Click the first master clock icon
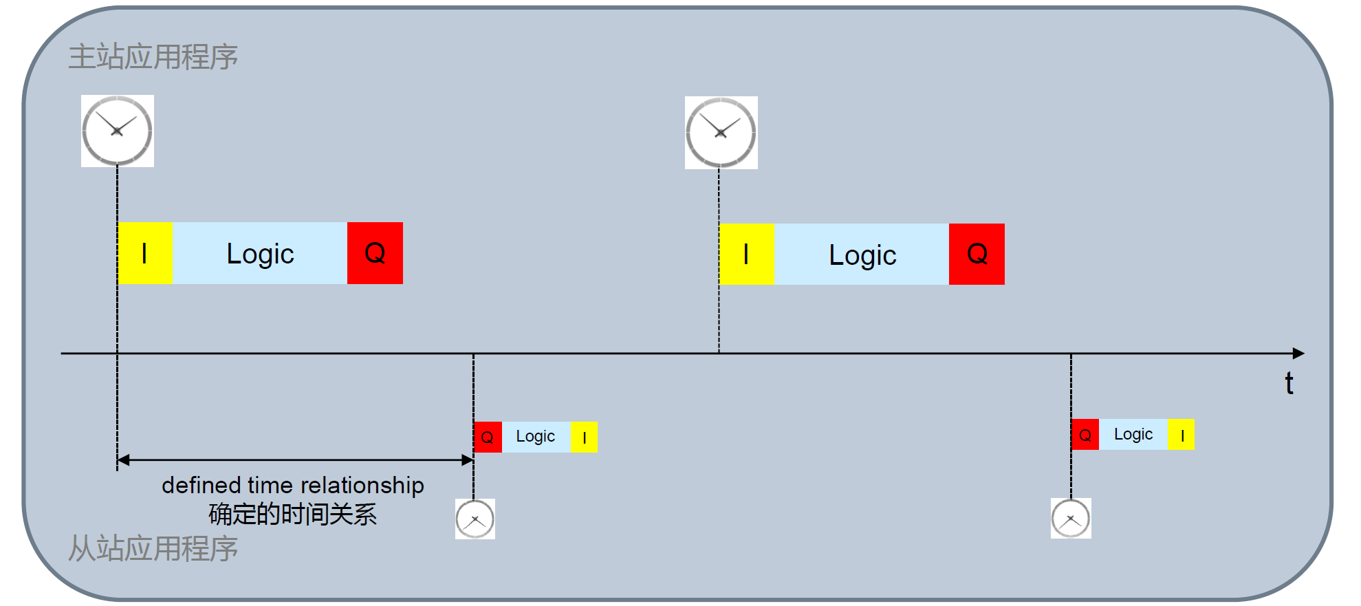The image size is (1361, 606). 117,131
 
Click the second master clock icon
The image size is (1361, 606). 721,133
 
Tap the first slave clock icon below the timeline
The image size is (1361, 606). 475,519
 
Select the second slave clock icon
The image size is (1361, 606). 1071,518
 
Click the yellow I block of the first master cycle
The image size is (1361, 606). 145,253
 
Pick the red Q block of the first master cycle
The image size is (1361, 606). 375,253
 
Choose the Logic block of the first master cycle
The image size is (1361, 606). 260,253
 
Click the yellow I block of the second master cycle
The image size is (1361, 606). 747,255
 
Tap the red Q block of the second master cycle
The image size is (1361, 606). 977,255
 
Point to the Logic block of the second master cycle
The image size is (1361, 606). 862,255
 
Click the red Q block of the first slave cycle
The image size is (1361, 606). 488,437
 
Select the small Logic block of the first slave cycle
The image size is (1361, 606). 536,437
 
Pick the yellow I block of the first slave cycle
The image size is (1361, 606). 584,437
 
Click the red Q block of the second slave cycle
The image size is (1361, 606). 1085,435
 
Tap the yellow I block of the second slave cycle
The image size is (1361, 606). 1182,435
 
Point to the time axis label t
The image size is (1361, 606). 1289,383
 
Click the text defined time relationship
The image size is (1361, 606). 293,485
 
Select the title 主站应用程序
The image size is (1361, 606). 153,57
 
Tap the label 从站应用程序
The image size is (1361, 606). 153,549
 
